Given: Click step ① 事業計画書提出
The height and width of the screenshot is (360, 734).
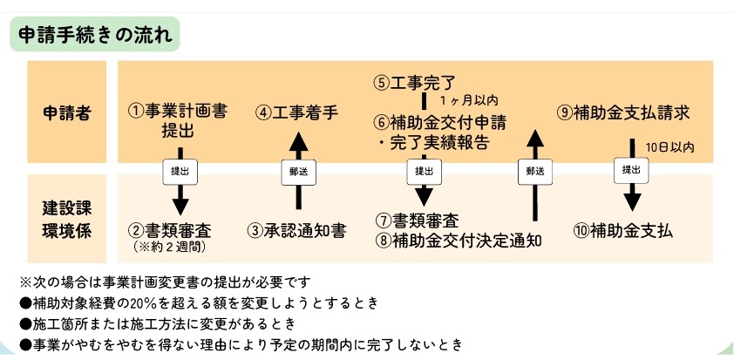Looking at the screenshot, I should coord(179,121).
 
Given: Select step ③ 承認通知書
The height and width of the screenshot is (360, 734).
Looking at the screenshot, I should coord(296,231).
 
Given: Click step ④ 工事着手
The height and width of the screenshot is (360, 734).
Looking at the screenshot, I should coord(296,112).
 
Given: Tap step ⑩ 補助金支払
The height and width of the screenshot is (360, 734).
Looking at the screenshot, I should coord(623,231).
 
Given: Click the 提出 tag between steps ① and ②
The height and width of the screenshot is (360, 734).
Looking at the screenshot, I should coord(179,171).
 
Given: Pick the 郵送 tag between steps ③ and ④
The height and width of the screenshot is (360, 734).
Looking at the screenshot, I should coord(297,171).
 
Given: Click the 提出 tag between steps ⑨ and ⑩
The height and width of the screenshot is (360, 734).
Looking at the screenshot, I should coord(631,170).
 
